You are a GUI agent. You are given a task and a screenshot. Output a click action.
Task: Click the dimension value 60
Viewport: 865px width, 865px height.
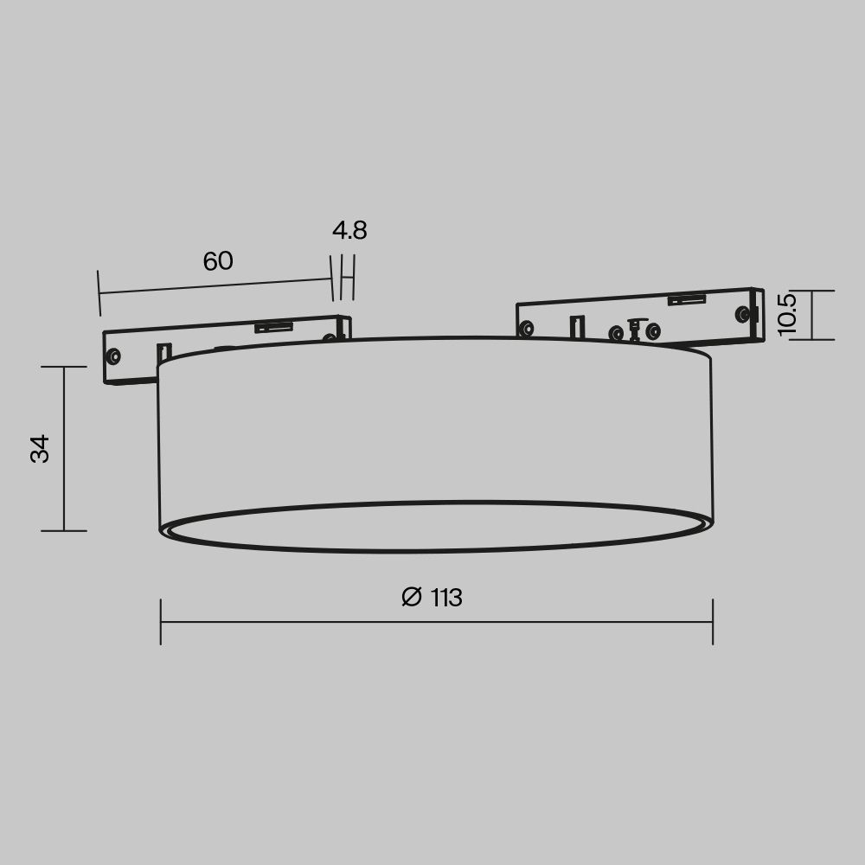tap(218, 261)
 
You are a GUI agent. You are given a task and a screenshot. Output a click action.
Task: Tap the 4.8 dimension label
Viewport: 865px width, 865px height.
tap(349, 231)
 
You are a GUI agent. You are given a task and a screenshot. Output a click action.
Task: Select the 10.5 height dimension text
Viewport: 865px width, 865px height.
tap(786, 314)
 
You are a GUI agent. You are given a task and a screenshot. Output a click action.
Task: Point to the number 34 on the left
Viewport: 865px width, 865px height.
tap(41, 449)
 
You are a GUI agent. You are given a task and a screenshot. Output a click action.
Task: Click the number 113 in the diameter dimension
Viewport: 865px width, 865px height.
tap(445, 598)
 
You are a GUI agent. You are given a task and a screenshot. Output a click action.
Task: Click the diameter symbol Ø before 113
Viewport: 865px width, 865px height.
tap(412, 598)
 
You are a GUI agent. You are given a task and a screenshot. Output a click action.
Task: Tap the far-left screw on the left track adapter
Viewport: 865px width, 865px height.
tap(113, 356)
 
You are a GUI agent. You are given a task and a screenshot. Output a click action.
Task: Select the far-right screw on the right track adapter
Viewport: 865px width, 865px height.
tap(742, 314)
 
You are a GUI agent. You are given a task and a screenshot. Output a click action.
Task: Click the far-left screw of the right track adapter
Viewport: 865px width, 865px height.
tap(526, 328)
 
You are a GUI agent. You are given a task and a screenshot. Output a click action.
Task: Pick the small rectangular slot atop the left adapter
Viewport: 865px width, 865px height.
tap(272, 327)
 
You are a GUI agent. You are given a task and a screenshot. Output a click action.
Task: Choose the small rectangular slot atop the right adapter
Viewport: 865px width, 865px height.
tap(686, 300)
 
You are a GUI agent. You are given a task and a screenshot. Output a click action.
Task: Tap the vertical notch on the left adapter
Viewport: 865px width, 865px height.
tap(162, 353)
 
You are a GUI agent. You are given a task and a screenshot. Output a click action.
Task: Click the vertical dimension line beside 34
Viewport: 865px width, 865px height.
tap(64, 449)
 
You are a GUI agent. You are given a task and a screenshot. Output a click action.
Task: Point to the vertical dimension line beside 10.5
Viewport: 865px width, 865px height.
tap(812, 315)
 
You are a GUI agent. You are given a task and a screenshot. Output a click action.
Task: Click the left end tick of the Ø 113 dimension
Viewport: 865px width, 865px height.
tap(161, 621)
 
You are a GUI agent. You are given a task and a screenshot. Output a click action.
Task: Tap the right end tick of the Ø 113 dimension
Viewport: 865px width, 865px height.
tap(713, 621)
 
